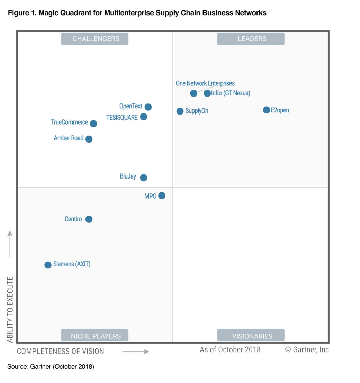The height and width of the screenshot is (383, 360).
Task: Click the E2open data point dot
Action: click(x=266, y=110)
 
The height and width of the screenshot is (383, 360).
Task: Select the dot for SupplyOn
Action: click(x=180, y=111)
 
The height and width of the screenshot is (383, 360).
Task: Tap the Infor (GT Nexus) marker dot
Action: click(x=207, y=93)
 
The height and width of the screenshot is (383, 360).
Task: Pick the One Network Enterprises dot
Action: click(x=194, y=93)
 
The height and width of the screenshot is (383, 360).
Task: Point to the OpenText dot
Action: click(x=148, y=107)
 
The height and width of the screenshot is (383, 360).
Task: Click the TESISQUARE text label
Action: click(x=122, y=117)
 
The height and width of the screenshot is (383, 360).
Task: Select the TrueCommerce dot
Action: click(x=93, y=124)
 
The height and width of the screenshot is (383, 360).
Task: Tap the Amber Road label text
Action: click(x=69, y=138)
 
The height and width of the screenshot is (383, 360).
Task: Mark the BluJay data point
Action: click(x=144, y=177)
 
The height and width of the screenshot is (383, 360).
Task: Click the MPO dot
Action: click(x=162, y=195)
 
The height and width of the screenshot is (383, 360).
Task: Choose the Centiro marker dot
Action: click(x=89, y=219)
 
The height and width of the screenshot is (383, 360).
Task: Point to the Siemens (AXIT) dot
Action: click(x=48, y=265)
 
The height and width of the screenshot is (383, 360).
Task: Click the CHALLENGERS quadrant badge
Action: click(x=95, y=39)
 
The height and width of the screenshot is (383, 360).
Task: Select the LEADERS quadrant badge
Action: click(x=251, y=39)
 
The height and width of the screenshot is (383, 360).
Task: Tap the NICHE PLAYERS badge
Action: click(x=95, y=336)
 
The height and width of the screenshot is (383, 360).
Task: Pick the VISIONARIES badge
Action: click(x=251, y=336)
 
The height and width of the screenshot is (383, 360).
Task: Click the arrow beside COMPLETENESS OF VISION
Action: click(x=136, y=352)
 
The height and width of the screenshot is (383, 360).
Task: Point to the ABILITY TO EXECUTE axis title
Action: click(x=10, y=309)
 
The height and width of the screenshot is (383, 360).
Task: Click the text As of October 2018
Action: click(x=230, y=349)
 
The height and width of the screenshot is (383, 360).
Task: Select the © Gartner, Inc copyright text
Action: click(x=307, y=349)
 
